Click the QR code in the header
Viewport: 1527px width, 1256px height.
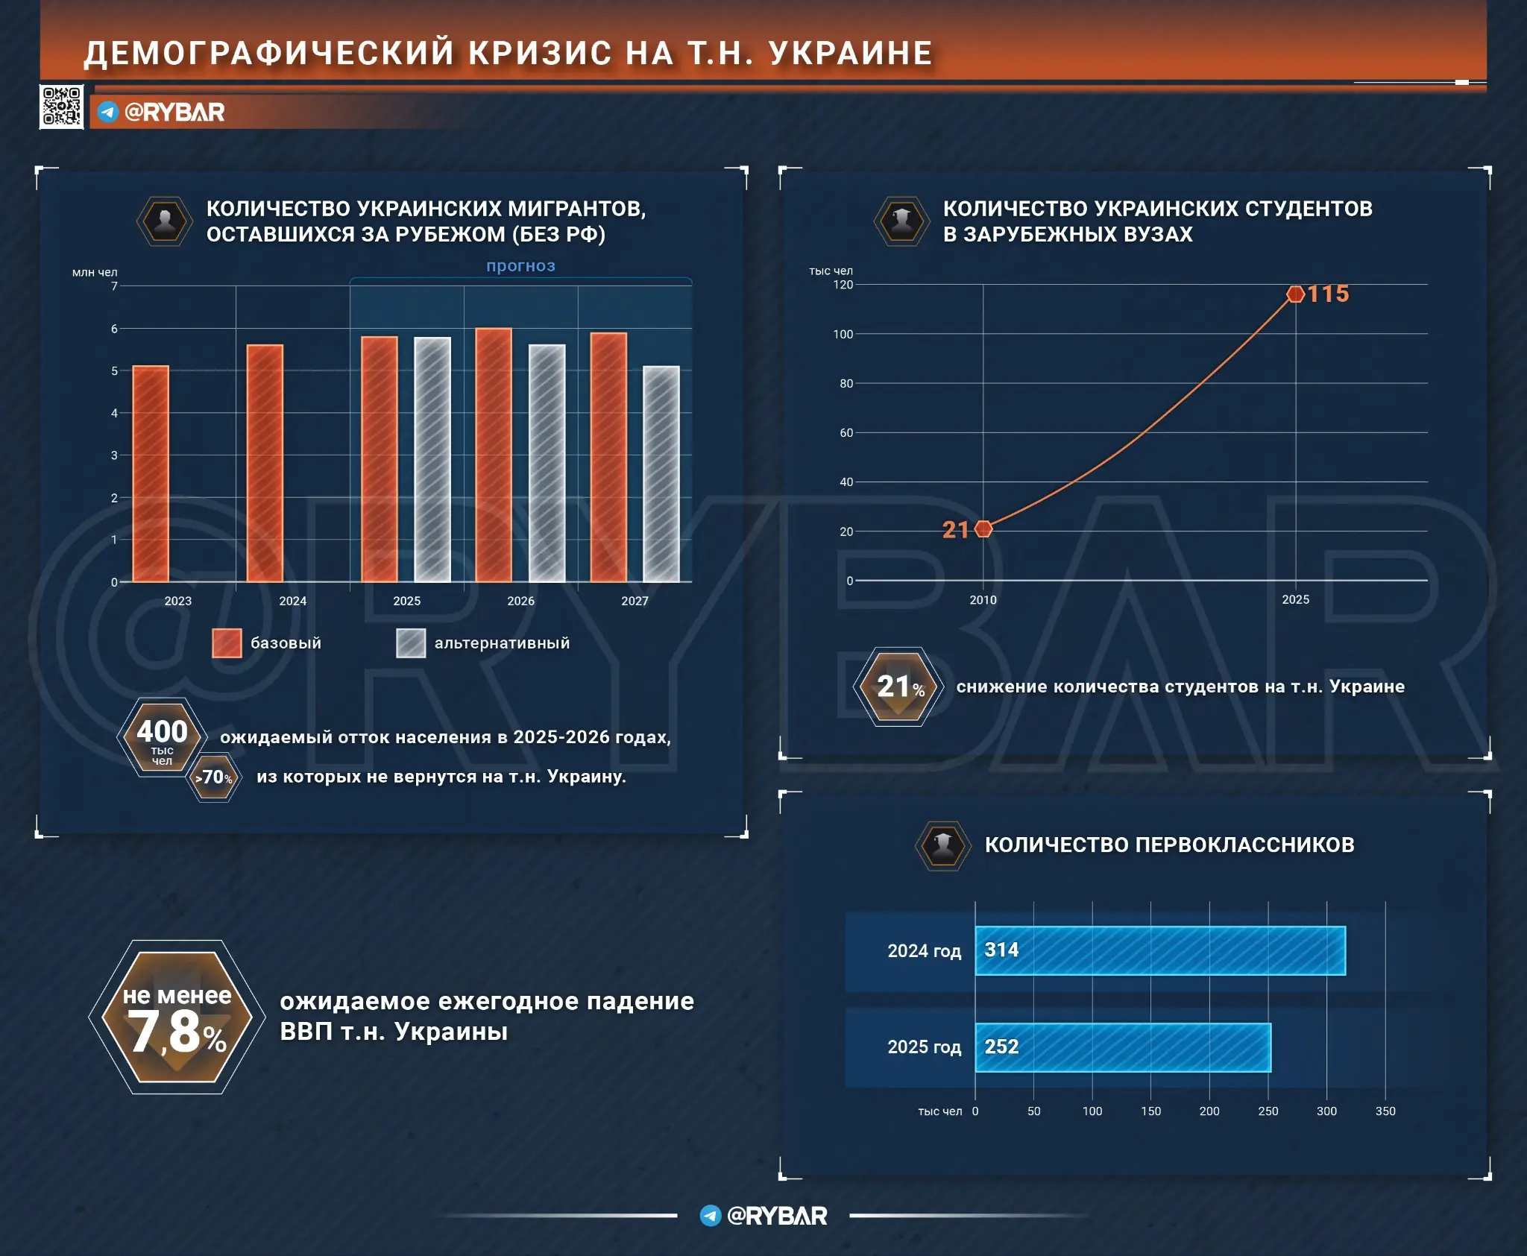click(61, 107)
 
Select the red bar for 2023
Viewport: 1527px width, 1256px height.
click(151, 474)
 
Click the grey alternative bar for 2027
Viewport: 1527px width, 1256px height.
click(661, 474)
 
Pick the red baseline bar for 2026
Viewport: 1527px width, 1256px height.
click(494, 455)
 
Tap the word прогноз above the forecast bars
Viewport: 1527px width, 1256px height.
click(520, 265)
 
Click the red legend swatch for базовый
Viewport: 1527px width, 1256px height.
click(227, 643)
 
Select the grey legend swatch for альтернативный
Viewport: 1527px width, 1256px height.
click(411, 643)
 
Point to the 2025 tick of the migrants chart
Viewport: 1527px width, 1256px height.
click(406, 601)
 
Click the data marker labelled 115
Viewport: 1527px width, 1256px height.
click(1296, 294)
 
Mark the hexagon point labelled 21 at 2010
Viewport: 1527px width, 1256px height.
click(983, 528)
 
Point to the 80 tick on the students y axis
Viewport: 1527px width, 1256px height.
click(846, 384)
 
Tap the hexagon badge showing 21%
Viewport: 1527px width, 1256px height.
click(898, 687)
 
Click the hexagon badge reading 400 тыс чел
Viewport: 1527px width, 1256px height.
click(162, 737)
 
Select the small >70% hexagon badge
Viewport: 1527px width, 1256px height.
click(214, 777)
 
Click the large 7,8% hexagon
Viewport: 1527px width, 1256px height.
click(177, 1017)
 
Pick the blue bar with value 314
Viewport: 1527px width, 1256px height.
click(1159, 950)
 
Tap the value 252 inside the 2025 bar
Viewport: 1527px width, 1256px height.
click(1001, 1047)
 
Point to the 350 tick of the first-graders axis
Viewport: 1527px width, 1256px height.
click(1385, 1111)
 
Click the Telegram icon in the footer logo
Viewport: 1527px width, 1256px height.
click(710, 1216)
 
